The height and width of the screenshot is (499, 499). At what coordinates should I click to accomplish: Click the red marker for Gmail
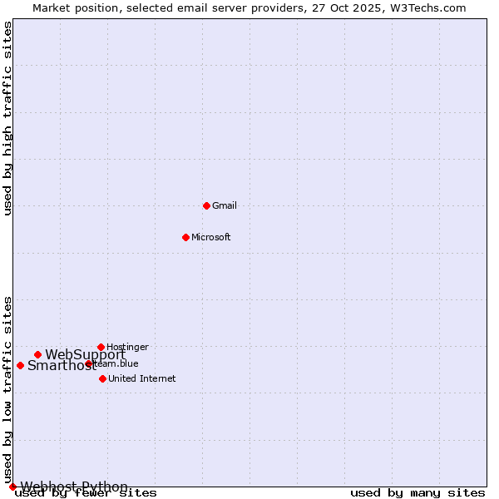206,205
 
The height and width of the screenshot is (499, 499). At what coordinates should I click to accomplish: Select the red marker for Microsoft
185,237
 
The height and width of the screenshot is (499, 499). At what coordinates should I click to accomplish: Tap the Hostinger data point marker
101,347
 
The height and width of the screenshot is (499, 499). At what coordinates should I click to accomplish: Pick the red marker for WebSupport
37,354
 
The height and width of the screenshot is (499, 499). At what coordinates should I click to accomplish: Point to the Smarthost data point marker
20,365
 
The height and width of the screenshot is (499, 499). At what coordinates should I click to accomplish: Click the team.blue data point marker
88,363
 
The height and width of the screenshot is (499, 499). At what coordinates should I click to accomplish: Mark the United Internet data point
102,378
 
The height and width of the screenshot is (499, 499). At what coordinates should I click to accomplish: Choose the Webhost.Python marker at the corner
12,487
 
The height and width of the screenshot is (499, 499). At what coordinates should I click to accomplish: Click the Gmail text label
225,205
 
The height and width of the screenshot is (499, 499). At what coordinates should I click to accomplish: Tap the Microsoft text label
210,237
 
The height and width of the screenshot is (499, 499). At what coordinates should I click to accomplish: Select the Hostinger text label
127,347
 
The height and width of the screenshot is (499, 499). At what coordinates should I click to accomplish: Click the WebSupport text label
85,354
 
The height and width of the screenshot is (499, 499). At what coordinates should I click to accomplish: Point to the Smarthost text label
62,365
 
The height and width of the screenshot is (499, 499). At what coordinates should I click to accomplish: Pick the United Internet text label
141,378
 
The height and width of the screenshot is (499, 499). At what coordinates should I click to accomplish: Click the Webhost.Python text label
74,487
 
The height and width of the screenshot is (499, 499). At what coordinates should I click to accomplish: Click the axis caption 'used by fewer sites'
86,493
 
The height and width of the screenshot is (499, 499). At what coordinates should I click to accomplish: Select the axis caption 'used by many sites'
417,493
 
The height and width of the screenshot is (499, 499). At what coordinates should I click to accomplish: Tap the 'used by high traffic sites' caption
7,118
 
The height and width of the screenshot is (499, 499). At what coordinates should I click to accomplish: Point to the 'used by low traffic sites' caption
7,389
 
